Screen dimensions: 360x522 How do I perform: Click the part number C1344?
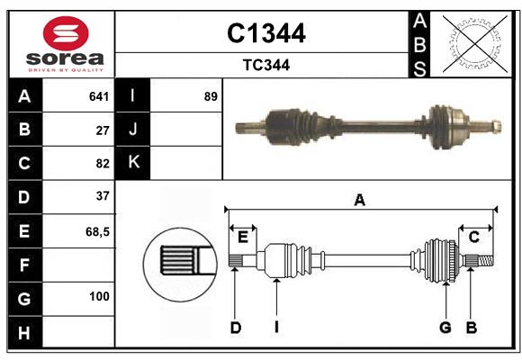(265, 33)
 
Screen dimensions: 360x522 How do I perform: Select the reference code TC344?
(265, 65)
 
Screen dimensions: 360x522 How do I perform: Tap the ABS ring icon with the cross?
(469, 44)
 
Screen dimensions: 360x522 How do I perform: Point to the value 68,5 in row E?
(97, 231)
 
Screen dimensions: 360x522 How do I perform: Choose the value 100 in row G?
(99, 296)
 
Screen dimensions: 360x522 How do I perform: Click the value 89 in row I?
(211, 96)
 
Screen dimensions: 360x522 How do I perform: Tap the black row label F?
(24, 265)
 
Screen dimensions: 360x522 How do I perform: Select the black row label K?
(133, 163)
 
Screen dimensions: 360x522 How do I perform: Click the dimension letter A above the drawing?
(359, 200)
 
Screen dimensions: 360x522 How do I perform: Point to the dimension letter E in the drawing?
(242, 237)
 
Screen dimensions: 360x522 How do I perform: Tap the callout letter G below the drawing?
(445, 328)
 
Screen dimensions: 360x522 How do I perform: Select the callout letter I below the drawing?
(276, 328)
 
